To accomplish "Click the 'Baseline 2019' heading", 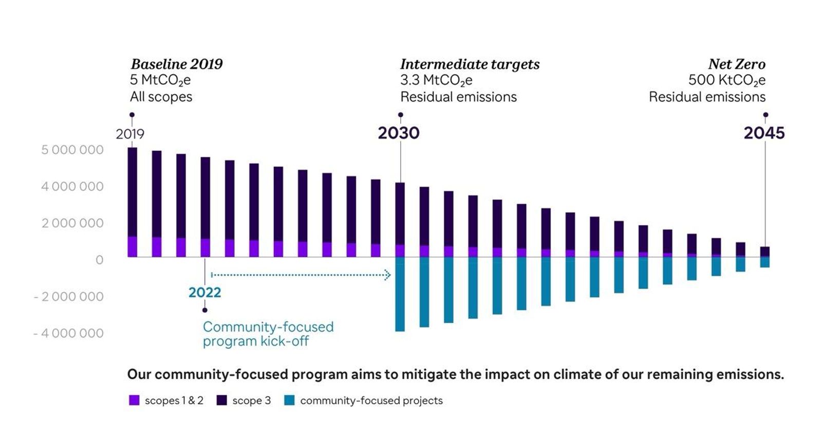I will click(x=176, y=64).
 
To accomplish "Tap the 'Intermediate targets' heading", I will click(x=470, y=64).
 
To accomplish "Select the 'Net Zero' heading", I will click(x=736, y=64).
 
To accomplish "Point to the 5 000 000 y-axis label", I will click(x=72, y=150).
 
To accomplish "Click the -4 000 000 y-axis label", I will click(x=68, y=333).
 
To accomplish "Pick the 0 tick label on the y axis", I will click(x=99, y=260).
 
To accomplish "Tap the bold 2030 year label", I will click(x=399, y=133).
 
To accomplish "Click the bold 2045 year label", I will click(x=764, y=133).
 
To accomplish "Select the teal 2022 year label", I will click(x=204, y=292).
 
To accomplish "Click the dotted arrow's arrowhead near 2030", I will click(x=387, y=275).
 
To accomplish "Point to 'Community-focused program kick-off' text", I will click(x=268, y=334).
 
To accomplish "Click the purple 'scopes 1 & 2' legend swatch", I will click(x=134, y=400).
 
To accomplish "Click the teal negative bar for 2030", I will click(x=400, y=294).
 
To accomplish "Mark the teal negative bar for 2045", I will click(x=764, y=262).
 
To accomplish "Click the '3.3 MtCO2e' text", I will click(x=436, y=80).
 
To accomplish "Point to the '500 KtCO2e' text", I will click(x=726, y=80).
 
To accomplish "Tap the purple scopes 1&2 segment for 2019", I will click(x=132, y=246).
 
